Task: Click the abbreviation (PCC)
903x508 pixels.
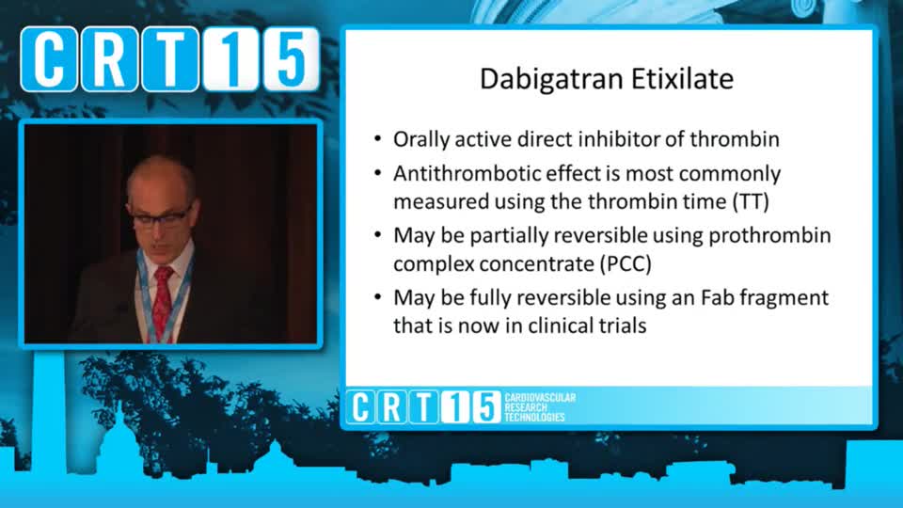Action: click(x=626, y=264)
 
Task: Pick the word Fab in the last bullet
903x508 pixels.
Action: click(x=717, y=298)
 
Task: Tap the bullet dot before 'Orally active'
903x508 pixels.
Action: click(x=378, y=139)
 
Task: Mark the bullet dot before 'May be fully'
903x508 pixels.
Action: click(x=378, y=298)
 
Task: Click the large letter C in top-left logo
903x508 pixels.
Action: click(x=49, y=58)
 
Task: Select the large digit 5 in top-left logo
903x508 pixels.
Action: click(x=291, y=58)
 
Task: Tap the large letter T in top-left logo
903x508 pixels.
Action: click(x=170, y=58)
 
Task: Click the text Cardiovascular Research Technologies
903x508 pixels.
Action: click(x=540, y=407)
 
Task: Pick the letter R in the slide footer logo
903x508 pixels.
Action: click(x=392, y=407)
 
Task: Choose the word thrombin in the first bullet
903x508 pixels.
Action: click(x=735, y=140)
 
